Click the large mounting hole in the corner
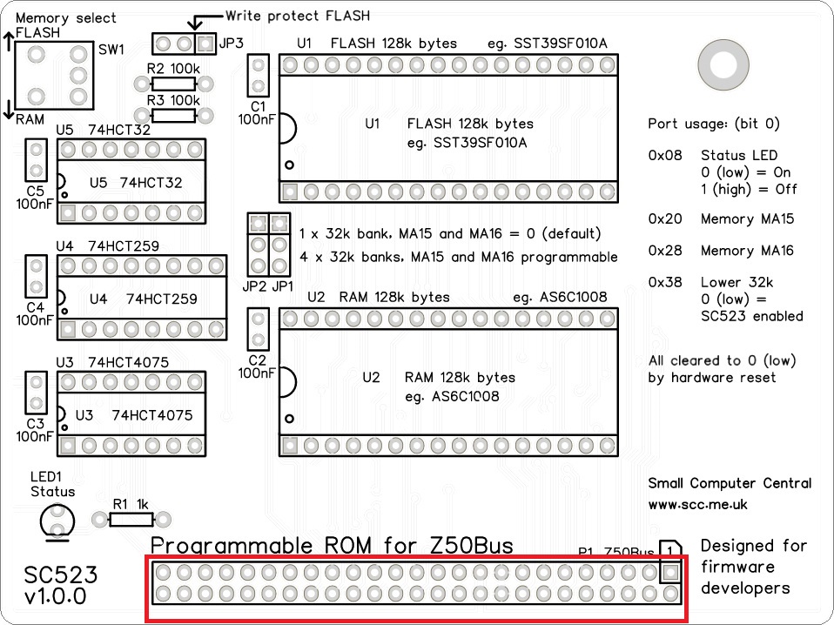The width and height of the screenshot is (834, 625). (723, 64)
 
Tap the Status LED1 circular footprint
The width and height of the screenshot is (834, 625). (57, 521)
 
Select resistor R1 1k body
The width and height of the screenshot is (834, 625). (131, 520)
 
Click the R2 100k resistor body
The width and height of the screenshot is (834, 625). (174, 84)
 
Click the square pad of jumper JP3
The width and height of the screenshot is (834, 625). (205, 43)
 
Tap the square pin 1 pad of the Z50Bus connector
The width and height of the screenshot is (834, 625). (670, 573)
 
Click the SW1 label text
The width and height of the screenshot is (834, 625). (112, 50)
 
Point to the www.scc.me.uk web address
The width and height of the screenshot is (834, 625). (697, 504)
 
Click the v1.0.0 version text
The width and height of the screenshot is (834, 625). (56, 597)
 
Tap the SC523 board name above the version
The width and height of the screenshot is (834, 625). (61, 575)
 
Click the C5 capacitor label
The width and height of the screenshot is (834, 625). (35, 192)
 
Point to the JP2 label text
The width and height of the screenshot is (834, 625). (254, 286)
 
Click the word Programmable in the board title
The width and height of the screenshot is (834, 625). (234, 546)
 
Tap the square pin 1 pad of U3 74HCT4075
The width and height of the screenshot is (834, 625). (68, 445)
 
